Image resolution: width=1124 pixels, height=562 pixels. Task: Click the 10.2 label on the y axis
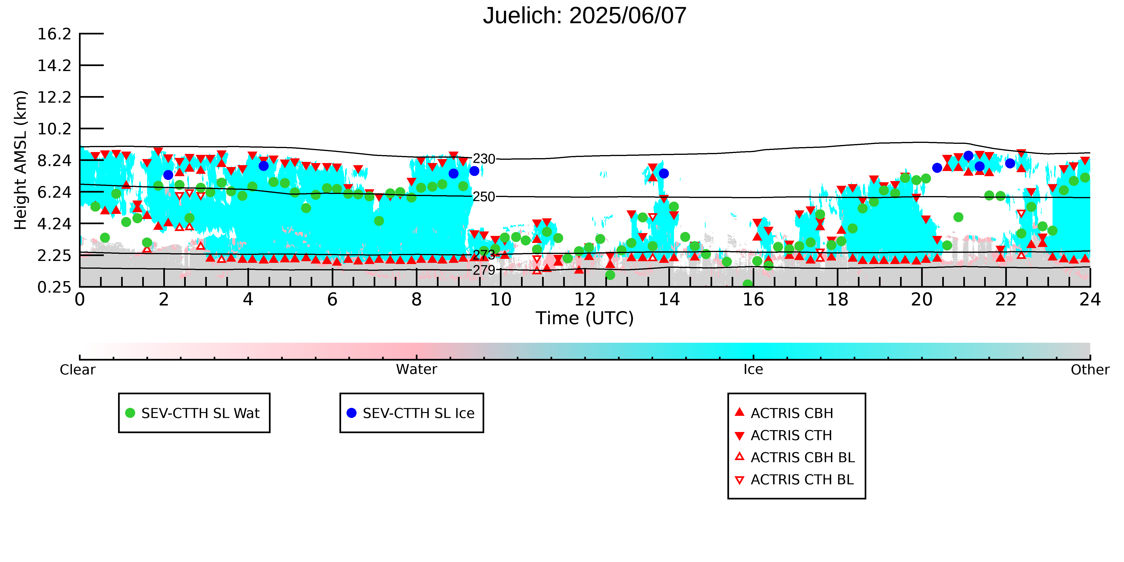click(54, 129)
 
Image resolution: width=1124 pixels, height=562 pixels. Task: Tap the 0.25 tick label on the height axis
click(54, 287)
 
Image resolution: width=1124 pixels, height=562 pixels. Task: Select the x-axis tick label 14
click(669, 300)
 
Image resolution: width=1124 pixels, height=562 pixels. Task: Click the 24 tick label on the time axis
click(1090, 300)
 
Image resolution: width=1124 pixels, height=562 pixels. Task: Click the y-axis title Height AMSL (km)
click(21, 160)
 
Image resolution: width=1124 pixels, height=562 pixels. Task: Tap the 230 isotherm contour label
click(484, 159)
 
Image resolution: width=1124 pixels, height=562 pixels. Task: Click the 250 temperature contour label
click(484, 197)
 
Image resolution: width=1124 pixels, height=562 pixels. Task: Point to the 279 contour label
click(484, 270)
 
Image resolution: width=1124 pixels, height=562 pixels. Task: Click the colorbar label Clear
click(78, 370)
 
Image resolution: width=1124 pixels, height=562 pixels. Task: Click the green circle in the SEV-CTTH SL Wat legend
click(130, 413)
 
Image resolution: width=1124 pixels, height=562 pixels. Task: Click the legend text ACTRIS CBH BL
click(802, 458)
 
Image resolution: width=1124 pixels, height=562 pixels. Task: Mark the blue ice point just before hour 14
click(664, 174)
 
